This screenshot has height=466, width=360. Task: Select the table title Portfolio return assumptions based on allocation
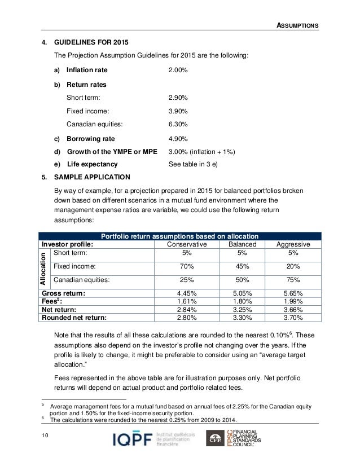[179, 236]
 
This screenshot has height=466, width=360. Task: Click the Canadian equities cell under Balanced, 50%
[242, 280]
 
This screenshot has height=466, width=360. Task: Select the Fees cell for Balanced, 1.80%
[242, 301]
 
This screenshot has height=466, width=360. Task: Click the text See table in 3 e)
[194, 165]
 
